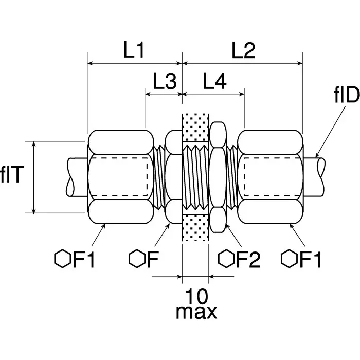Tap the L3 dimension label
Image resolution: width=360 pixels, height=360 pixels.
[x=165, y=81]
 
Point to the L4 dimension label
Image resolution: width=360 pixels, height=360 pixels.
[x=213, y=81]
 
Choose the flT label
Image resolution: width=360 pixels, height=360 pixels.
[x=12, y=176]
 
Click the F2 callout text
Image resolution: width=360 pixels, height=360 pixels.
[x=246, y=259]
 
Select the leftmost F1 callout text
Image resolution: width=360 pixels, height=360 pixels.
[x=82, y=259]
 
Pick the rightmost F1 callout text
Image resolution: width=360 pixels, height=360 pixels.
[x=309, y=259]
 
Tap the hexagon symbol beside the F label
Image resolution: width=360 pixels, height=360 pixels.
[x=136, y=259]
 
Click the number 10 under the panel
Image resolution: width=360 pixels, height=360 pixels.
[x=196, y=296]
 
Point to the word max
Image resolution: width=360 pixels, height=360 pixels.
[x=196, y=312]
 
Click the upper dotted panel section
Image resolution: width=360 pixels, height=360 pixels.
[x=195, y=127]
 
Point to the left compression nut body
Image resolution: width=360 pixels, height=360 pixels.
[x=121, y=176]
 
